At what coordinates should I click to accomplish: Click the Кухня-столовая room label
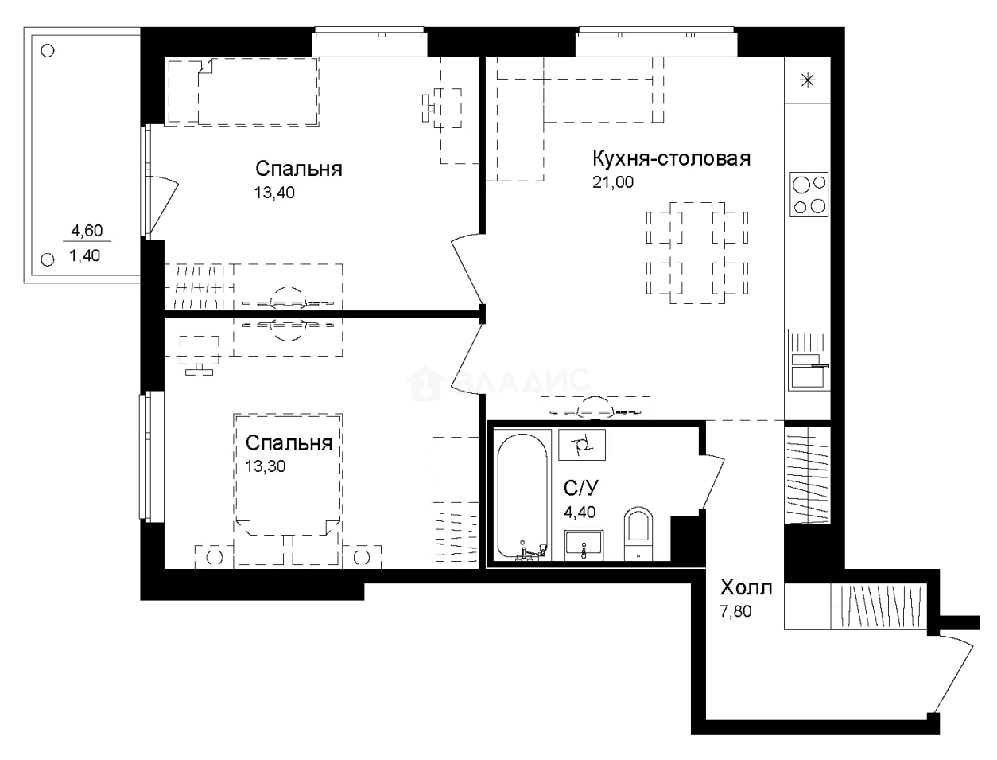click(671, 158)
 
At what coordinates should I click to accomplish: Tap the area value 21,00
click(614, 182)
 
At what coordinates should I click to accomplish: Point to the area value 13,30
click(265, 466)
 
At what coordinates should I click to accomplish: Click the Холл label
click(746, 589)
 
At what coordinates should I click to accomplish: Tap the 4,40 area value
click(580, 513)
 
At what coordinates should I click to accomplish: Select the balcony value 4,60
click(87, 232)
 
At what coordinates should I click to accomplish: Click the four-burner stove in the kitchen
click(809, 195)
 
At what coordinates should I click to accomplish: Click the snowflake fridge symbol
click(808, 80)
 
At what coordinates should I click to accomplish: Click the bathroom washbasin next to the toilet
click(584, 547)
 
